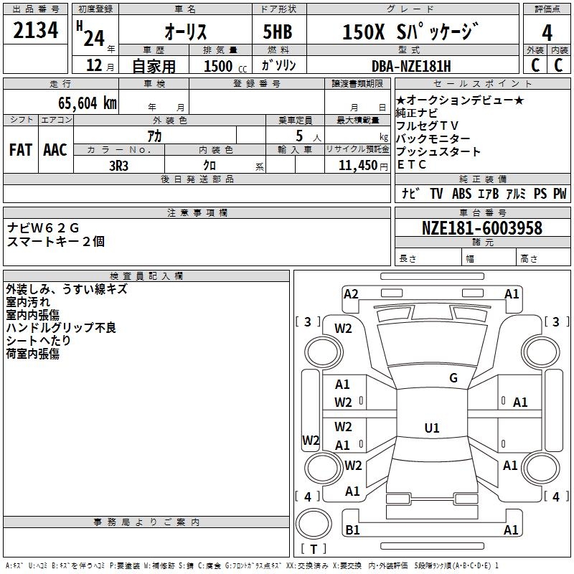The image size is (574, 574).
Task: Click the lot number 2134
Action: [36, 31]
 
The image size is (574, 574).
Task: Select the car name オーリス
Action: [186, 32]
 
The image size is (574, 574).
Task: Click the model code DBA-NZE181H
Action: [411, 66]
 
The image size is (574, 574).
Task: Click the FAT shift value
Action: [20, 150]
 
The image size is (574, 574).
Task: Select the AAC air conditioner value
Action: [55, 150]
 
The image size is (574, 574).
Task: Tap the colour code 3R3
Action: [119, 165]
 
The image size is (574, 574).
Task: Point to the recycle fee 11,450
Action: [357, 165]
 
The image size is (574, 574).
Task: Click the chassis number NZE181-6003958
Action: [481, 228]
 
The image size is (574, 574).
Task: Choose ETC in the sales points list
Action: [411, 164]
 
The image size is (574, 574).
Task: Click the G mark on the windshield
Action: [453, 377]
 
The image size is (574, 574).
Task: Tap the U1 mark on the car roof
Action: [431, 428]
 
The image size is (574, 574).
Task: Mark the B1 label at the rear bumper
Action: [352, 530]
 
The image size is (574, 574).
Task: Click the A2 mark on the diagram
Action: [351, 293]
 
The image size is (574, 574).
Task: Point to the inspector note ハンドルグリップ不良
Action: [61, 328]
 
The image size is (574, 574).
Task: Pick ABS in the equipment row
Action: [462, 194]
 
